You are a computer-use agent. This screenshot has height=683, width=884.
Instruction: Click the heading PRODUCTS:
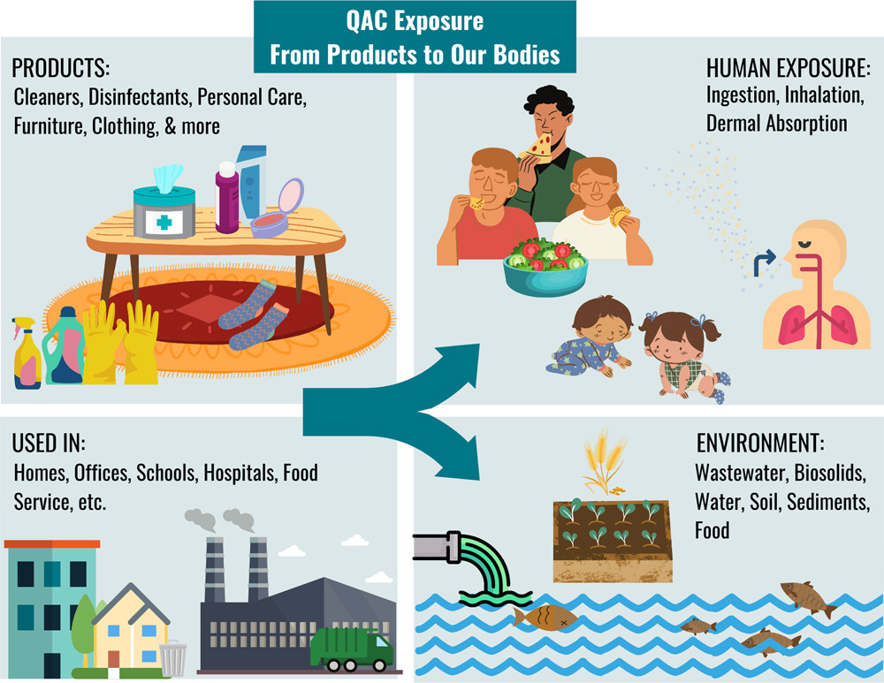coord(61,68)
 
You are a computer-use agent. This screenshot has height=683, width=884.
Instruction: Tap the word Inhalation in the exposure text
coord(824,95)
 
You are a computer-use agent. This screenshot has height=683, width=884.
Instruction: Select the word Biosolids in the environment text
coord(829,472)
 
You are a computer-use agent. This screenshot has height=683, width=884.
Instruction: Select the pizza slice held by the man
coord(537,147)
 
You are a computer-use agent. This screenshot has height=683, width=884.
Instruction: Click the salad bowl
coord(545,267)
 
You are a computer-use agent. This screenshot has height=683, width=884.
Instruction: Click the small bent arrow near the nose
coord(764,263)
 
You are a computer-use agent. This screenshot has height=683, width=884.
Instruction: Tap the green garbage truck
coord(351,649)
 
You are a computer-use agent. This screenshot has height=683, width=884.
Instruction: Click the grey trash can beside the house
coord(172,658)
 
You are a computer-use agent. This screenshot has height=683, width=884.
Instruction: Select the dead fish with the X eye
coord(545,618)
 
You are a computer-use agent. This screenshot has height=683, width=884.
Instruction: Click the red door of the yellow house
coord(114,659)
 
